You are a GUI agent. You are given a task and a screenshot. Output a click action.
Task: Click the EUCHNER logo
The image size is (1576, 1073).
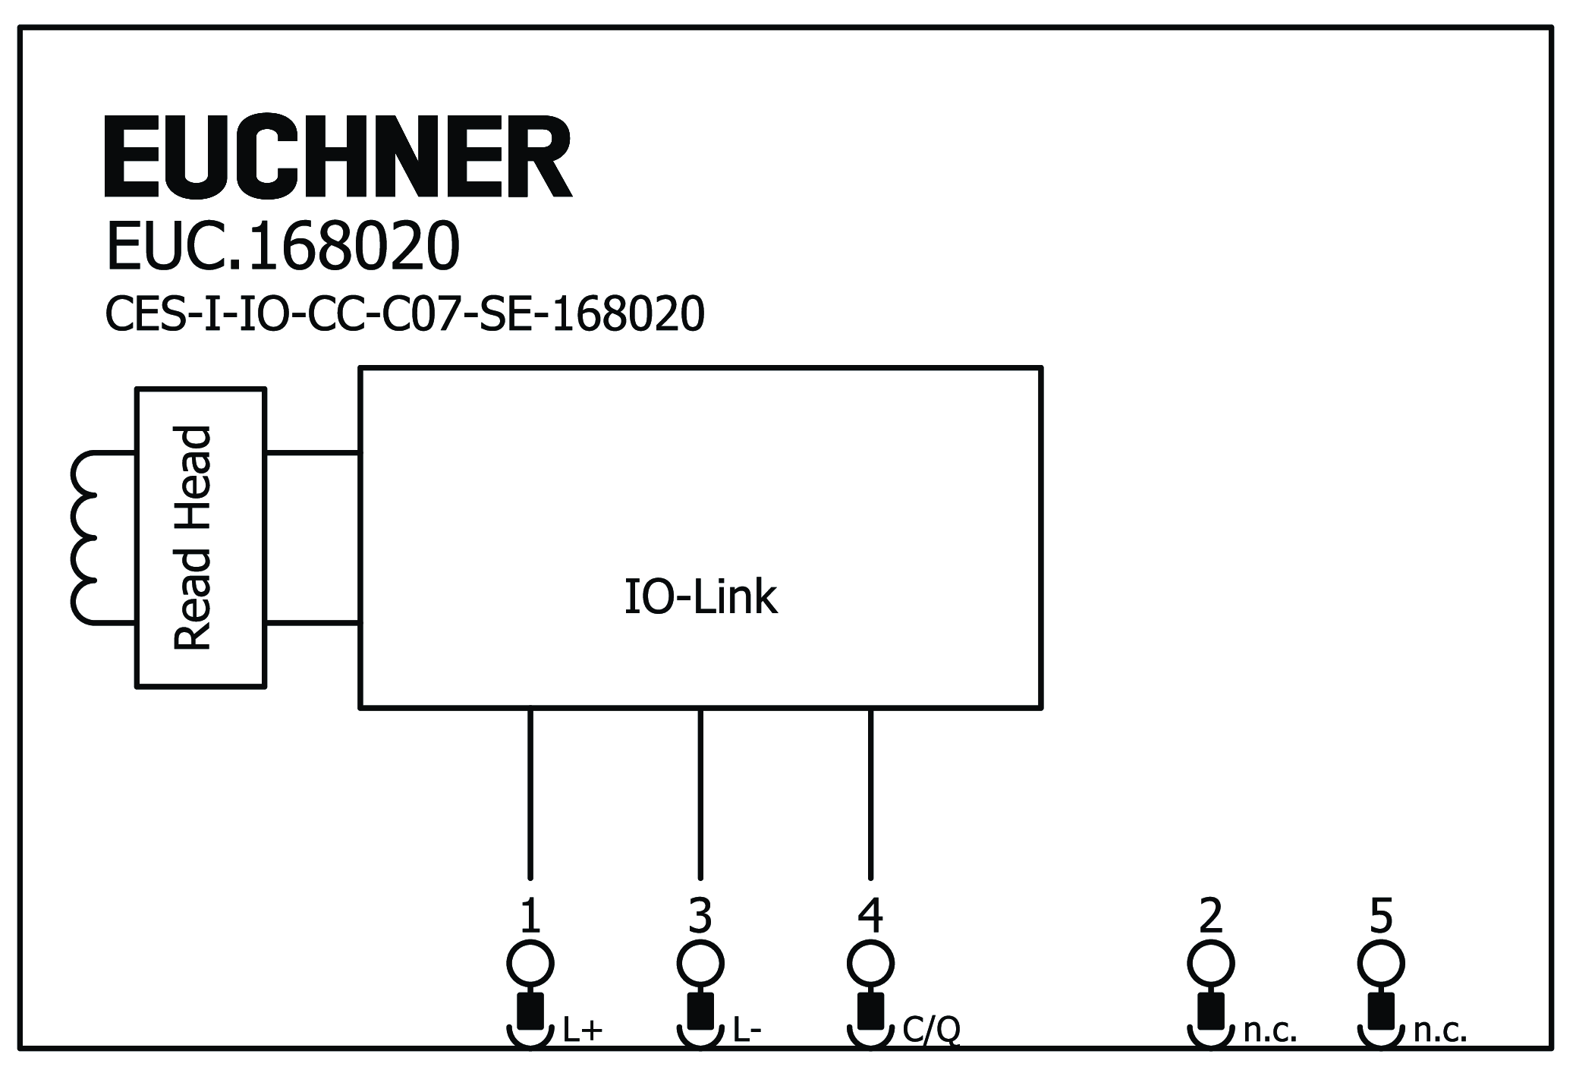click(338, 157)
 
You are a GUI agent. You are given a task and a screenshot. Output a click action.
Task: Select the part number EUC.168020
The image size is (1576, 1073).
click(282, 247)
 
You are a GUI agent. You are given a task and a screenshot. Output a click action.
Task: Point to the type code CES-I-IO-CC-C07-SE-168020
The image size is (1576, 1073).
click(404, 314)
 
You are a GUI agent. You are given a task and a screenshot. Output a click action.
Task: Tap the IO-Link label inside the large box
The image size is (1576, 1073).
click(700, 597)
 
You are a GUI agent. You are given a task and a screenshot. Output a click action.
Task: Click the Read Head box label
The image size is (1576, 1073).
click(193, 538)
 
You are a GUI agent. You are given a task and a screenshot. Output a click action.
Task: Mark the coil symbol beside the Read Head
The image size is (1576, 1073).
click(85, 538)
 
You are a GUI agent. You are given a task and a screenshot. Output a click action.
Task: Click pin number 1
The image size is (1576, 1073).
click(530, 916)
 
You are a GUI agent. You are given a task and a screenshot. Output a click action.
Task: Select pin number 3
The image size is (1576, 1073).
click(700, 916)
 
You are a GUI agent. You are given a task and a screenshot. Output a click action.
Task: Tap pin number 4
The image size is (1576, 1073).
click(870, 916)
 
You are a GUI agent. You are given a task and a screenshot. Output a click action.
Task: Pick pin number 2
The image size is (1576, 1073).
click(1210, 916)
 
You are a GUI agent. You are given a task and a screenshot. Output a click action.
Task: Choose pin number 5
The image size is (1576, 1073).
click(1380, 916)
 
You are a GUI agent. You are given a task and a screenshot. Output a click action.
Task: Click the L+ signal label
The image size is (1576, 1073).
click(583, 1031)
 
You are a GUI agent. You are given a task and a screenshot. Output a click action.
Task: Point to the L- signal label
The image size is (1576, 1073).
click(747, 1031)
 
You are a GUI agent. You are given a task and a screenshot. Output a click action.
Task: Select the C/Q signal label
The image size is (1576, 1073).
click(931, 1031)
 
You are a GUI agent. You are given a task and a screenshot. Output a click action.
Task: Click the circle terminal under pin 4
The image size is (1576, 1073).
click(870, 964)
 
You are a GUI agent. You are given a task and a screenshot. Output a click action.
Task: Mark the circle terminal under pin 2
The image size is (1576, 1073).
click(1210, 964)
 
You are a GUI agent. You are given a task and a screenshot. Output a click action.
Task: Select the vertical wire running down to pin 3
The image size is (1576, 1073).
click(700, 793)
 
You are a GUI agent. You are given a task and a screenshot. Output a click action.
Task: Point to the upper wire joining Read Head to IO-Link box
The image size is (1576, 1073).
click(312, 453)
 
